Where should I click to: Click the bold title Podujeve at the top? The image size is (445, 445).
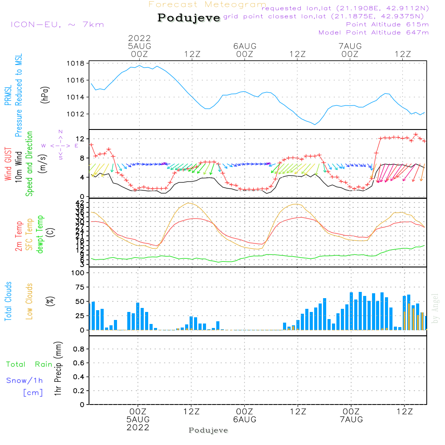(x=189, y=18)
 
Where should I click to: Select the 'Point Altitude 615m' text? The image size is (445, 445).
(x=387, y=24)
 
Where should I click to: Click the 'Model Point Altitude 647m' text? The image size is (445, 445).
(x=374, y=32)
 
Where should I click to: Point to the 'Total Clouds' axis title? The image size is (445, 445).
(x=8, y=301)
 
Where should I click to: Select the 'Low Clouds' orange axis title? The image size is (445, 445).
(x=29, y=301)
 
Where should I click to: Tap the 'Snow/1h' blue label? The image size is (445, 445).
(x=25, y=381)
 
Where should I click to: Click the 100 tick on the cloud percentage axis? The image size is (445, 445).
(x=78, y=273)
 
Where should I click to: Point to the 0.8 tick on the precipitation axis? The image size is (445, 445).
(x=78, y=349)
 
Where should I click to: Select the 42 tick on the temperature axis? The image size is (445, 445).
(x=80, y=203)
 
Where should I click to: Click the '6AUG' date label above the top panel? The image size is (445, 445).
(x=245, y=46)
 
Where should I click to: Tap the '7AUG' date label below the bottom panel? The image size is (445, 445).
(x=351, y=420)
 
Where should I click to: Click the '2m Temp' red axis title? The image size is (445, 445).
(x=19, y=236)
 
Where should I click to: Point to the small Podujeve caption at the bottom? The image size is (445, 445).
(x=208, y=430)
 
